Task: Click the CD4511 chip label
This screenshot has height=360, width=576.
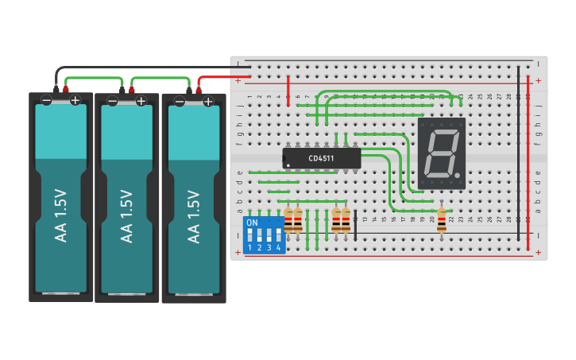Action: (x=322, y=159)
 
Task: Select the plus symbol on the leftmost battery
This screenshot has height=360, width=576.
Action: (x=75, y=100)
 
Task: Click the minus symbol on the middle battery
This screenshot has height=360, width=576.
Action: (x=113, y=101)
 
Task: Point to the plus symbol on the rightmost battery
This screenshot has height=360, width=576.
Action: (x=207, y=101)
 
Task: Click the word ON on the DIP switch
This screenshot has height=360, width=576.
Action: (x=253, y=223)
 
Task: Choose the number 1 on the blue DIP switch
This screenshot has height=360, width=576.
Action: (x=249, y=248)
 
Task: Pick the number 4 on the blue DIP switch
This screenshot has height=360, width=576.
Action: (x=278, y=248)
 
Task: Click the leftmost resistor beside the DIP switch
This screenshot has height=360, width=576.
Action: (x=288, y=220)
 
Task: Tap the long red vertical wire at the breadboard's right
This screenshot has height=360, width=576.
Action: (x=529, y=159)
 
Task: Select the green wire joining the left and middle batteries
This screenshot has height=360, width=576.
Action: (x=94, y=78)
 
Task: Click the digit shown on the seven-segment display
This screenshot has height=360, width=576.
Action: (x=439, y=153)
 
